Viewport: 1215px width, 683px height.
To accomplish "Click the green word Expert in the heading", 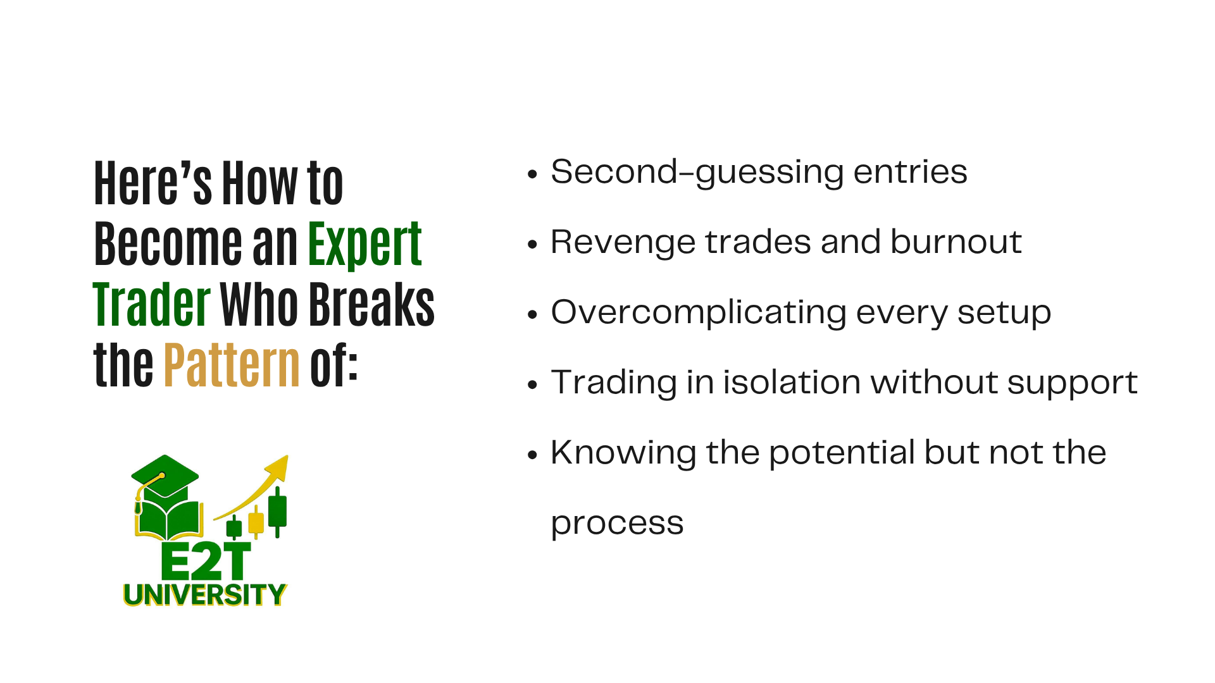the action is pos(365,245).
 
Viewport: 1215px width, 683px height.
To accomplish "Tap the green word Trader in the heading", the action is pos(152,305).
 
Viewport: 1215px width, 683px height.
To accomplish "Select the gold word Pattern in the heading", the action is pos(232,365).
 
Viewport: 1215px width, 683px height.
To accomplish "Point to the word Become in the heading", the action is pos(168,245).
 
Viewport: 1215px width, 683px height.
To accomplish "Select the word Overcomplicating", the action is pos(699,313).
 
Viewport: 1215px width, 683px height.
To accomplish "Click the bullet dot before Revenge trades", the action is pos(532,243).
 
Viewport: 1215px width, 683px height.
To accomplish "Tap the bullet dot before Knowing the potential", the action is pos(532,454).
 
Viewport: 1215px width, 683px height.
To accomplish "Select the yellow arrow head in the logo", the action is pos(278,468).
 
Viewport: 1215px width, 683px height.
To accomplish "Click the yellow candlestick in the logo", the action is pos(256,522).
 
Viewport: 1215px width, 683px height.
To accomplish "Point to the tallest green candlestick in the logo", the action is pos(278,512).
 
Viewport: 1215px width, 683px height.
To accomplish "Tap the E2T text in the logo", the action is pos(206,561).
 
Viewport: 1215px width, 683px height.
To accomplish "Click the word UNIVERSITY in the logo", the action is pos(205,594).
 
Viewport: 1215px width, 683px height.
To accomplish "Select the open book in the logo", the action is pos(168,520).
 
